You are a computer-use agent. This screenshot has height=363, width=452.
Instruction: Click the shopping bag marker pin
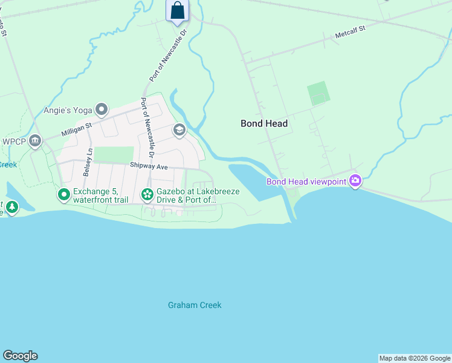[x=177, y=11]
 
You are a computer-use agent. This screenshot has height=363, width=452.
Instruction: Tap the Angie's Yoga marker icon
[x=102, y=110]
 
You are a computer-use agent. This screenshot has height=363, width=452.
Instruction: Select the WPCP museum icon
[x=35, y=142]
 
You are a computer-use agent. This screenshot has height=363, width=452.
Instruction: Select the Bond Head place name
[x=263, y=123]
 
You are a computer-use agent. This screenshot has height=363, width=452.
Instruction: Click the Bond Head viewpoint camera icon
[x=355, y=181]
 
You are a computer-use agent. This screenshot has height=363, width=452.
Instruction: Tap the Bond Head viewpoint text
[x=306, y=181]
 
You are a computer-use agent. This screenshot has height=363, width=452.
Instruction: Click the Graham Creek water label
[x=195, y=305]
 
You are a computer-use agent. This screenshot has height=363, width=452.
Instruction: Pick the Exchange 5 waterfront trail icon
[x=63, y=195]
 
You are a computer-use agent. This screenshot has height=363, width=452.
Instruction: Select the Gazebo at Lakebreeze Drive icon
[x=147, y=195]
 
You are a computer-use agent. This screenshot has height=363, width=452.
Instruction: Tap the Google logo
[x=20, y=356]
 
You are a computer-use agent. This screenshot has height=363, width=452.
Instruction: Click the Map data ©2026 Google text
[x=415, y=358]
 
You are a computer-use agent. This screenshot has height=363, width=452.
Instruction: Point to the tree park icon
[x=11, y=208]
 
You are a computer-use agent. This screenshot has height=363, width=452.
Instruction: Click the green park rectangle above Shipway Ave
[x=114, y=154]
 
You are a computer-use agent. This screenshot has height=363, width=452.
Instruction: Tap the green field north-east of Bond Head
[x=318, y=93]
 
